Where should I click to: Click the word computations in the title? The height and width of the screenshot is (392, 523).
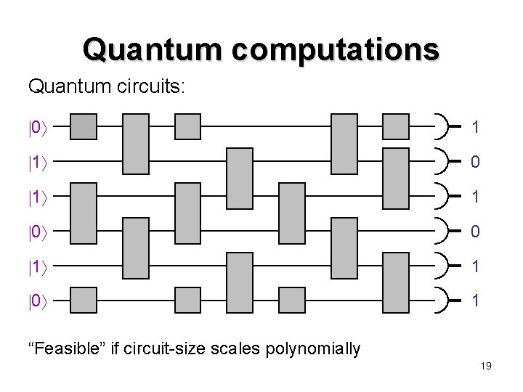[x=339, y=49]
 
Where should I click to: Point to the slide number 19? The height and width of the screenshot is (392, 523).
[x=486, y=366]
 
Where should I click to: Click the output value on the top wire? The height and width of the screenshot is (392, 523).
[x=475, y=128]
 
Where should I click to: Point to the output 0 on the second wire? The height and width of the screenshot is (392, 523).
[x=475, y=162]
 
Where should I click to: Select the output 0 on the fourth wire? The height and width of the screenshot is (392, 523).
[x=475, y=232]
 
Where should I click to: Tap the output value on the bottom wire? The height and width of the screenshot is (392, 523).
[x=475, y=300]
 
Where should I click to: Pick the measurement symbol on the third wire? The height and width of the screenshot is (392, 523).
[x=442, y=196]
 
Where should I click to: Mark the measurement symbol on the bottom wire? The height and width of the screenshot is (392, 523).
[x=442, y=299]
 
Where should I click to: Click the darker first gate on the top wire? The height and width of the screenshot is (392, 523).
[x=84, y=126]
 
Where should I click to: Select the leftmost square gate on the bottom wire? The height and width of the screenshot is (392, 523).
[x=84, y=299]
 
